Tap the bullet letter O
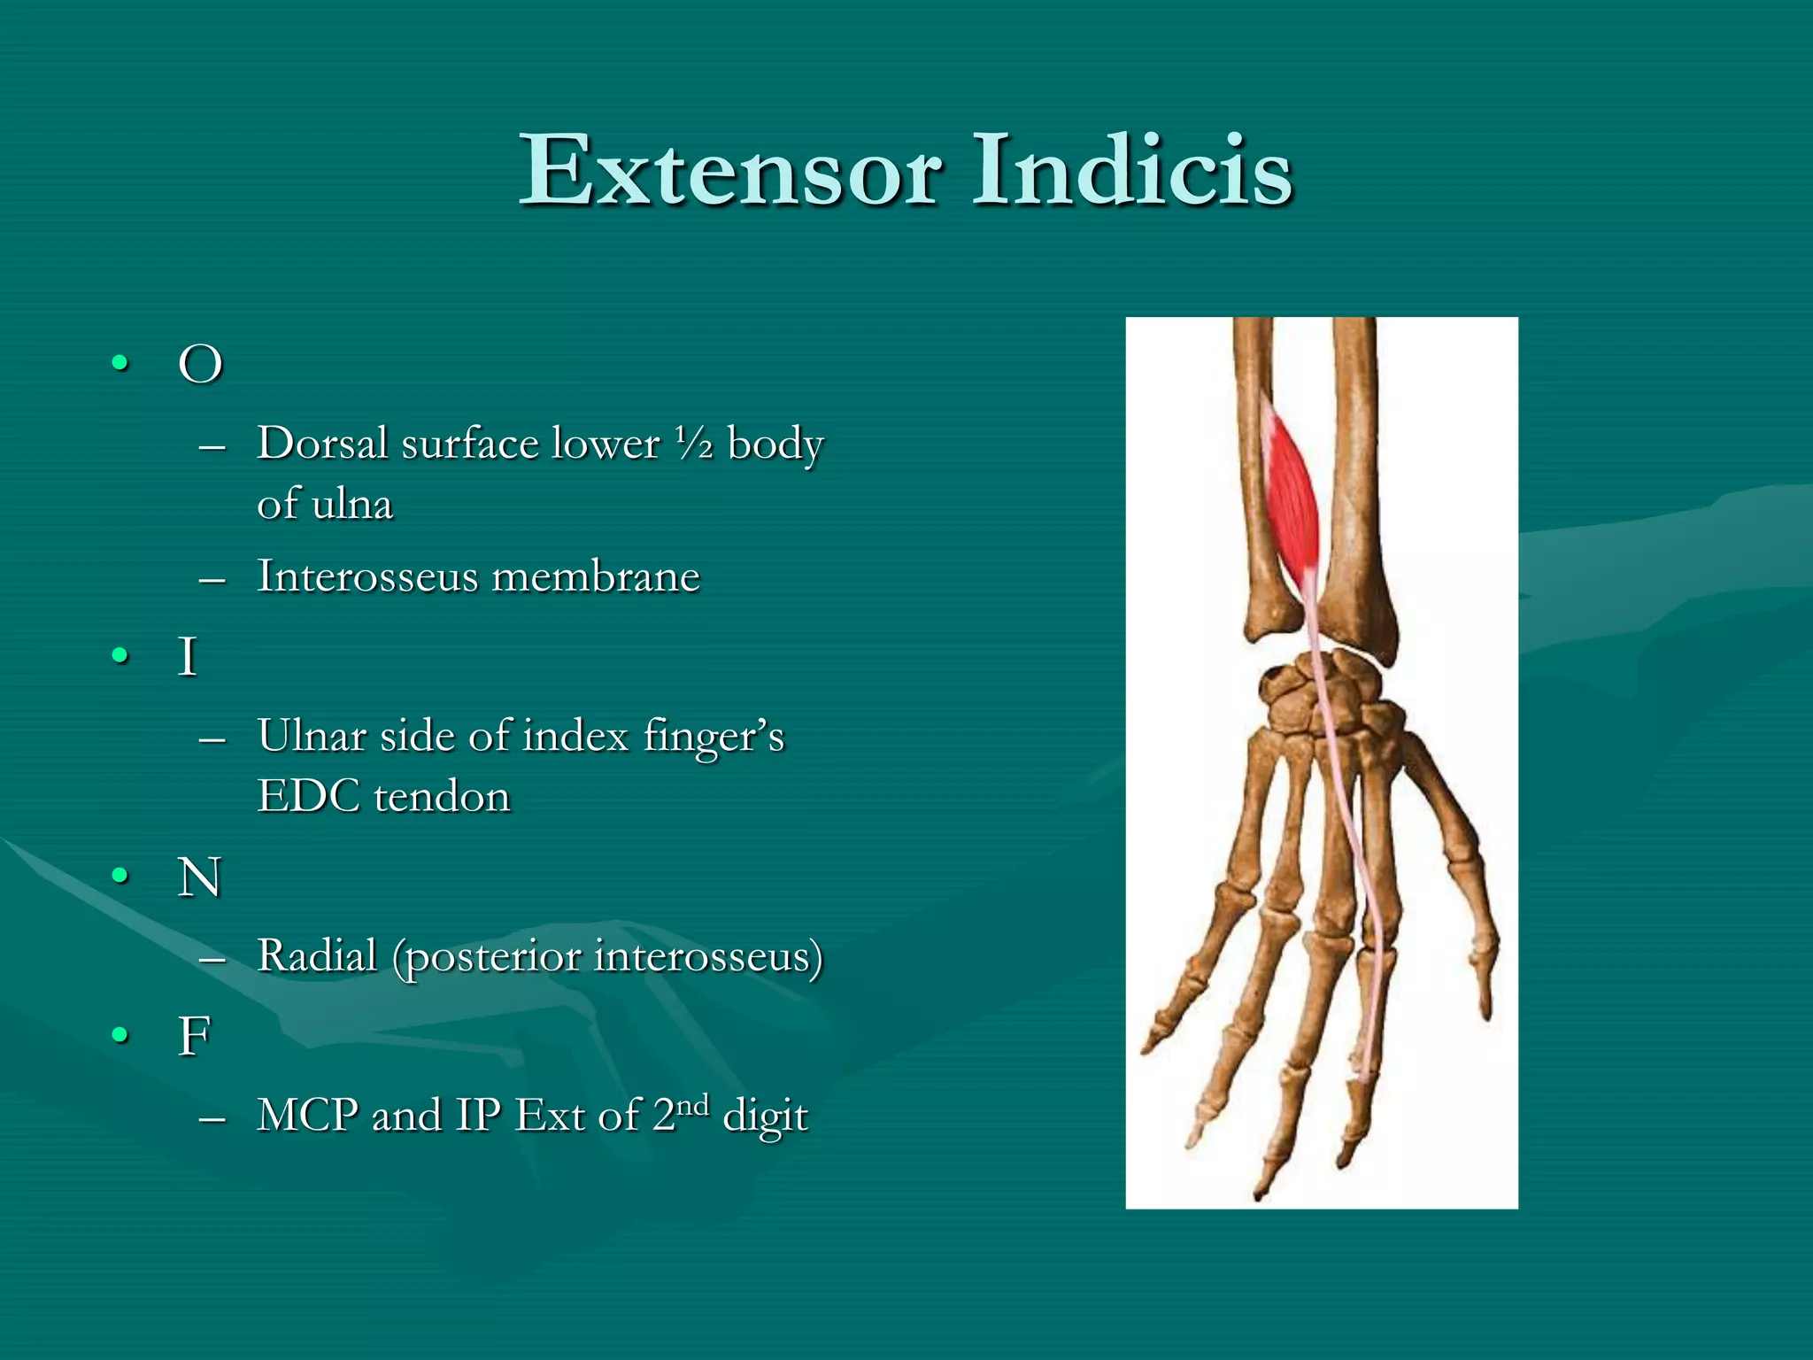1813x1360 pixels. (200, 364)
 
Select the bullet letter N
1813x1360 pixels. (199, 877)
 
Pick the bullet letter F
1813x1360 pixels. (195, 1036)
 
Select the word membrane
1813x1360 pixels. (596, 576)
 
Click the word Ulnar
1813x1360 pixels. (312, 736)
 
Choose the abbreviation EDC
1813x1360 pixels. (308, 796)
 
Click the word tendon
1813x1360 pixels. (442, 796)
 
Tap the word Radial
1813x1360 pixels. (317, 956)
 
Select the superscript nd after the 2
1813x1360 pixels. (692, 1105)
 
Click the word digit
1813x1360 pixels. (765, 1116)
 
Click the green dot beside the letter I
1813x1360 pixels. (120, 656)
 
